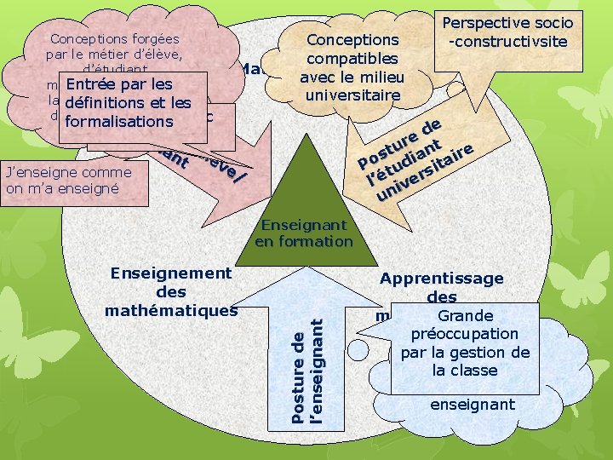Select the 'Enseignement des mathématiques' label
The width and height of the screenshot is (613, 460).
coord(171,291)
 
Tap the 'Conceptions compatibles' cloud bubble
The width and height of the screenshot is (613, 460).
coord(352,66)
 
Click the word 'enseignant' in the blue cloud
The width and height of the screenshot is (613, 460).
coord(473,405)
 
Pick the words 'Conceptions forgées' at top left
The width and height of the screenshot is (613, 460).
coord(114,38)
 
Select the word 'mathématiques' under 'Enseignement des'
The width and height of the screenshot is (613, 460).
coord(171,310)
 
